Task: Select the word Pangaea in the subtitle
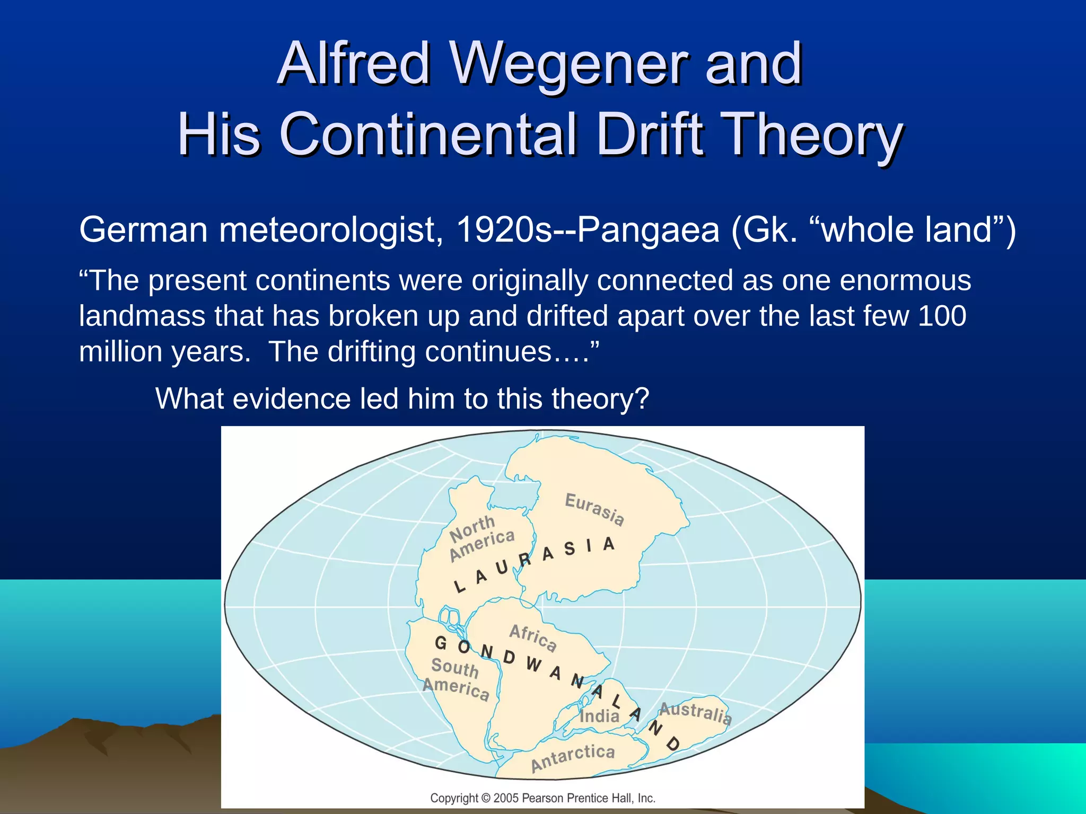[647, 230]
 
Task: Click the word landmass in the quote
[142, 316]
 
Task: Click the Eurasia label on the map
[594, 509]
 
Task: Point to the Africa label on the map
[533, 637]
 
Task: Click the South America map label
[456, 678]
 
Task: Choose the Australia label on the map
[695, 713]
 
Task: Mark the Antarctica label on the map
[573, 757]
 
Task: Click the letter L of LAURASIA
[459, 587]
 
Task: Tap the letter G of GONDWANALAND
[440, 643]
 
